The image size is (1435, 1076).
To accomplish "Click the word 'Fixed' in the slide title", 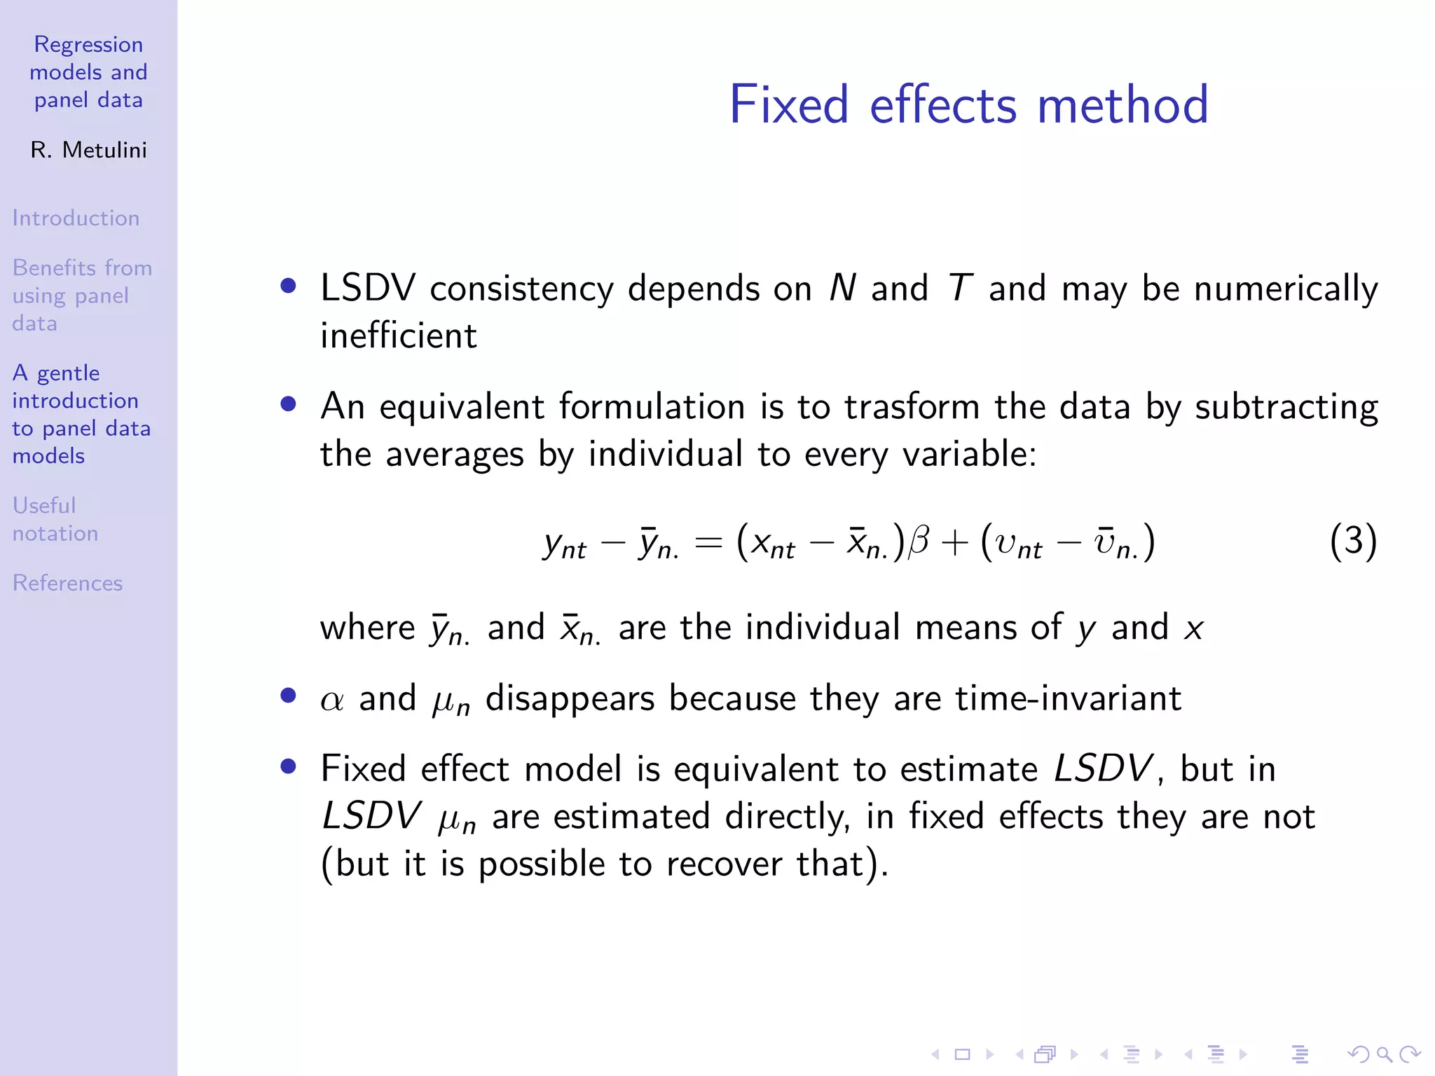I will pyautogui.click(x=788, y=105).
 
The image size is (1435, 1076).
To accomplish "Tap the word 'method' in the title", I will pyautogui.click(x=1122, y=105).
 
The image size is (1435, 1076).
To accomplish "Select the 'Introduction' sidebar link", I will pyautogui.click(x=76, y=218).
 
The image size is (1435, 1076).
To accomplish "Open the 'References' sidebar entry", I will pyautogui.click(x=67, y=583).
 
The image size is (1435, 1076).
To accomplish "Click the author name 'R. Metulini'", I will pyautogui.click(x=88, y=150).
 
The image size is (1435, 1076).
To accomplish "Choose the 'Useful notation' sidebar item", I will pyautogui.click(x=55, y=519).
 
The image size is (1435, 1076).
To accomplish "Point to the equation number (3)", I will pyautogui.click(x=1353, y=542).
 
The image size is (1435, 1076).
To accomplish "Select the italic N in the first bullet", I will pyautogui.click(x=842, y=288).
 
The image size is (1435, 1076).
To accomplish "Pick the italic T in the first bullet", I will pyautogui.click(x=959, y=288).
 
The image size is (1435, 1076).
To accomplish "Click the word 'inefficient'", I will pyautogui.click(x=398, y=336).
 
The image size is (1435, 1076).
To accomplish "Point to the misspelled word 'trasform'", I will pyautogui.click(x=912, y=406).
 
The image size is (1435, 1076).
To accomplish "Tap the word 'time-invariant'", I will pyautogui.click(x=1068, y=698).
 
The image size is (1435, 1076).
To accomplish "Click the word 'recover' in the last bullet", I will pyautogui.click(x=724, y=864).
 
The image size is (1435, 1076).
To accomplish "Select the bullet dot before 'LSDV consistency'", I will pyautogui.click(x=288, y=286).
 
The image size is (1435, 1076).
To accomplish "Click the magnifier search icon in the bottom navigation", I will pyautogui.click(x=1384, y=1054).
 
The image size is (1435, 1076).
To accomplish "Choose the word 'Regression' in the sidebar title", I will pyautogui.click(x=88, y=45).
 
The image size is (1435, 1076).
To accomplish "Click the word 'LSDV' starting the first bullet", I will pyautogui.click(x=368, y=288).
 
